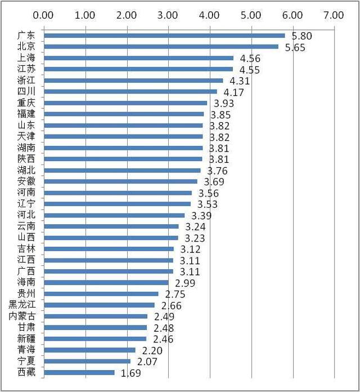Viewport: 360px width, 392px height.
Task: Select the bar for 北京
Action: [x=160, y=47]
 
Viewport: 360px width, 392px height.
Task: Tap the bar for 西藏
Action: [x=79, y=372]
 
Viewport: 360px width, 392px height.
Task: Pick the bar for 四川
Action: [x=130, y=91]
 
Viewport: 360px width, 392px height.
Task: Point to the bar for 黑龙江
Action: [x=99, y=305]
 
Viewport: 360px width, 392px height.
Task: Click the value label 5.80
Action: [x=301, y=36]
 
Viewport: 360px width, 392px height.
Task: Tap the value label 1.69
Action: [x=130, y=373]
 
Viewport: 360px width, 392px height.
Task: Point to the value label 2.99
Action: [x=185, y=283]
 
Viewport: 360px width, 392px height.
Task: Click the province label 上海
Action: [x=26, y=58]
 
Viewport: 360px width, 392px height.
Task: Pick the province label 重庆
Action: [x=26, y=103]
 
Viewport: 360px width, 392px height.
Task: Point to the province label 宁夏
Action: [x=26, y=361]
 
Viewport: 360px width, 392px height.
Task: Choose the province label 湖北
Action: [x=26, y=170]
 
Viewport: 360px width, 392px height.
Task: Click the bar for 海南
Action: [x=106, y=283]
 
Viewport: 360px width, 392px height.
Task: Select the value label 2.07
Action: [x=146, y=362]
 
